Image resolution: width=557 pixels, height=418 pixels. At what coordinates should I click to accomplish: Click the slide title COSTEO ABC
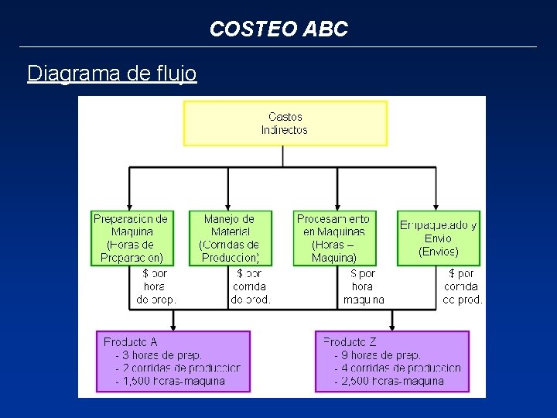[278, 29]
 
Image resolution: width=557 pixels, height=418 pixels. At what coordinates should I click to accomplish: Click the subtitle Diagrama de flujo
[111, 74]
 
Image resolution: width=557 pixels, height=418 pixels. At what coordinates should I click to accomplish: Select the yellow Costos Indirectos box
[285, 124]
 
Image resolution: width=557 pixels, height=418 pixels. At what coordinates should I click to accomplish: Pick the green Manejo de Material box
[229, 238]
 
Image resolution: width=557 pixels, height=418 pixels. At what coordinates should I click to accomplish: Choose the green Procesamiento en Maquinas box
[333, 238]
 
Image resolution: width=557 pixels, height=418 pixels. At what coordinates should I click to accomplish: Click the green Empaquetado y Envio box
[439, 238]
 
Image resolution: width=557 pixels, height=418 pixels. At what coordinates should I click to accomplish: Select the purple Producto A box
[173, 361]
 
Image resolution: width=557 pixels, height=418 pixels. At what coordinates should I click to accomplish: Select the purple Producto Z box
[392, 361]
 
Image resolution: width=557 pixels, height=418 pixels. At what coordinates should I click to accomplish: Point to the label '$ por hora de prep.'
[156, 286]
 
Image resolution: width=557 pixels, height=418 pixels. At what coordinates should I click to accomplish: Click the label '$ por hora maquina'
[364, 286]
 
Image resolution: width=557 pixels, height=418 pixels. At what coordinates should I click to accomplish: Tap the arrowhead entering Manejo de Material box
[228, 205]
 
